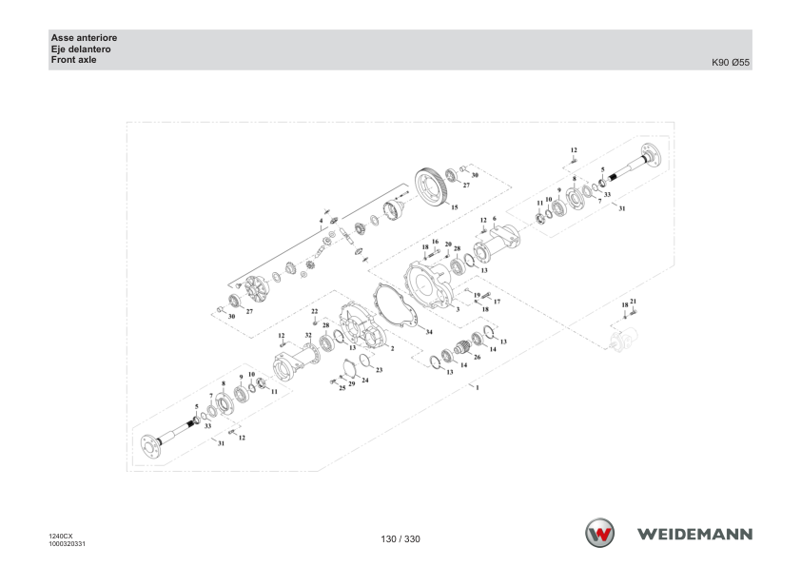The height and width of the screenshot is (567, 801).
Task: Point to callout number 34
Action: (x=429, y=332)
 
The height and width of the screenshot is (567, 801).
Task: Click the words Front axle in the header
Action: (x=73, y=60)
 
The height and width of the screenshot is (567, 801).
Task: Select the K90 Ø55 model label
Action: (x=731, y=63)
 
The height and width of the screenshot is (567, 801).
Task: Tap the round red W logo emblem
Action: (x=599, y=533)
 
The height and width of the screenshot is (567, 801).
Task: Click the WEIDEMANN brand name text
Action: (x=694, y=534)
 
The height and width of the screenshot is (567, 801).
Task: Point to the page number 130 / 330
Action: (x=400, y=538)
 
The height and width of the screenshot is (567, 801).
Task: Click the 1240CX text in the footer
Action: (x=61, y=536)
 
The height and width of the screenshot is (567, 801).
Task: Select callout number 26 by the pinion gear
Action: (x=478, y=357)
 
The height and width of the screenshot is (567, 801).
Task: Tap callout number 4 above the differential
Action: (x=321, y=221)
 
